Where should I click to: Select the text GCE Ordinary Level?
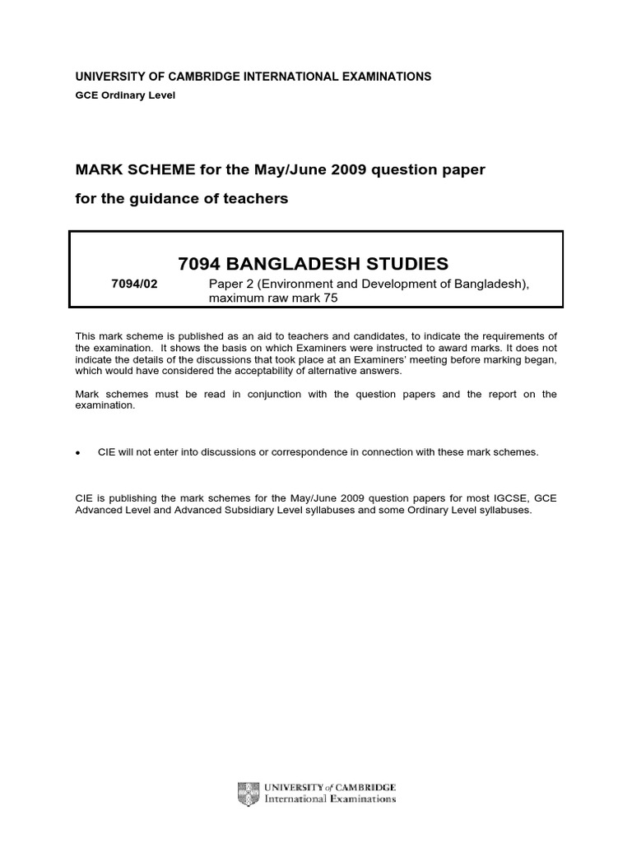click(125, 95)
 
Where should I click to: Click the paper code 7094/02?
click(133, 285)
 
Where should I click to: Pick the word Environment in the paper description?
click(299, 285)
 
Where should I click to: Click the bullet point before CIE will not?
click(77, 453)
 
